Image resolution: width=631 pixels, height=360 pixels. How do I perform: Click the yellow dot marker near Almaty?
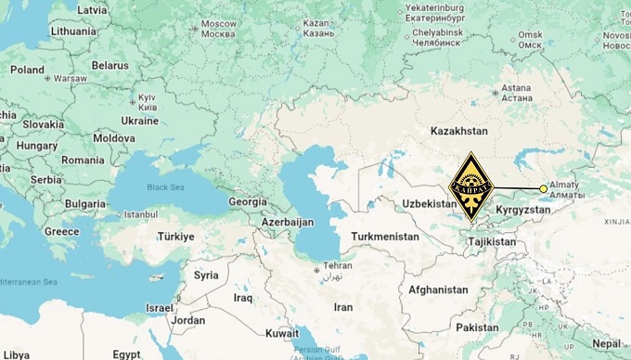[x=544, y=188]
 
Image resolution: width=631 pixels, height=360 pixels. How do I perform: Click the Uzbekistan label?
[x=431, y=203]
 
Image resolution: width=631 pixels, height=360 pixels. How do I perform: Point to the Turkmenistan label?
[x=386, y=237]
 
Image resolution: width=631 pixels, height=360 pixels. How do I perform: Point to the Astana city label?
[x=516, y=91]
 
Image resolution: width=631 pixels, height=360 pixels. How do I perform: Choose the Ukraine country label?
[x=140, y=121]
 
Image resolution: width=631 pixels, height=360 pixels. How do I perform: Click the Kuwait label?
[x=281, y=333]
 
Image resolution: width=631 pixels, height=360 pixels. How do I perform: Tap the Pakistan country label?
[x=478, y=327]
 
